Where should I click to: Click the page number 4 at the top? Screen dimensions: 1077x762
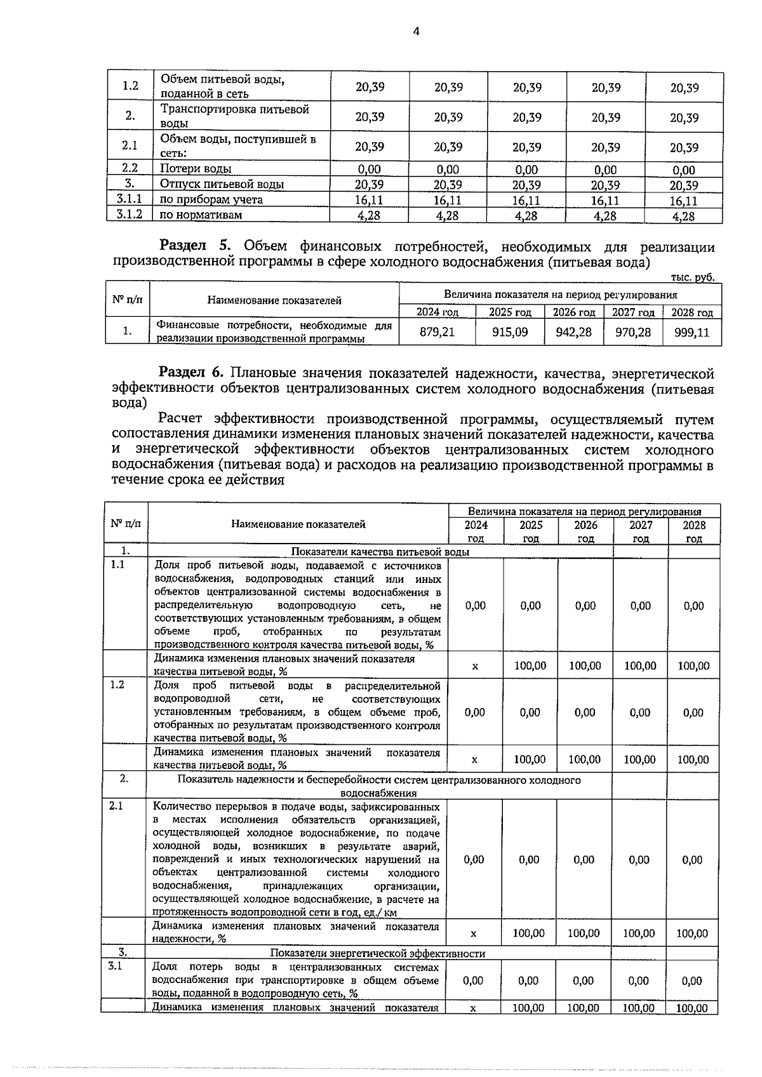(x=416, y=32)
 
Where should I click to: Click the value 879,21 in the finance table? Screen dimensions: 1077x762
(x=437, y=331)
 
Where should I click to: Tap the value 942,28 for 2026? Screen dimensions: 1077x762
(x=573, y=331)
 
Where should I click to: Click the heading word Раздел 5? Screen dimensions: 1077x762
(x=195, y=247)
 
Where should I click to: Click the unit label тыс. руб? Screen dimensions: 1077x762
(x=692, y=278)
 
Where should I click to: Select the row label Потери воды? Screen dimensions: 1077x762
(x=196, y=169)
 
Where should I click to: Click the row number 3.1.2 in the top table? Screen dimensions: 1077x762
(x=130, y=215)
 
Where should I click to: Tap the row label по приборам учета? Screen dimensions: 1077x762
(x=211, y=200)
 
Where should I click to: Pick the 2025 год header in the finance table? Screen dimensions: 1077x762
(x=510, y=312)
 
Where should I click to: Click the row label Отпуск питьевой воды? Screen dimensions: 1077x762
(x=222, y=185)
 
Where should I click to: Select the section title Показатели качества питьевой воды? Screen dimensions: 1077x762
(x=380, y=551)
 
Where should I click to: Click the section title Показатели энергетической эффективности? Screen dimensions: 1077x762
(x=377, y=953)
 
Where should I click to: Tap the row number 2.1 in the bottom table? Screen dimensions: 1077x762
(x=116, y=806)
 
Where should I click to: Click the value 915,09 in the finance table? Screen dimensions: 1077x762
(x=510, y=331)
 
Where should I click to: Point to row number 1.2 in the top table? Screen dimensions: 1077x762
(x=130, y=86)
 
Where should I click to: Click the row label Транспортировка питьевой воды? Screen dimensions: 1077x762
(x=234, y=116)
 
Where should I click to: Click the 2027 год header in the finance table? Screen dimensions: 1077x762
(x=632, y=312)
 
